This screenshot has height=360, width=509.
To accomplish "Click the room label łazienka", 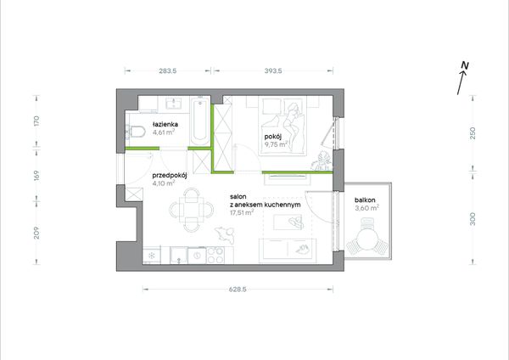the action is pyautogui.click(x=165, y=124).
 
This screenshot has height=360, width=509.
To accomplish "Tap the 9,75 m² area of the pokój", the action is pyautogui.click(x=277, y=144).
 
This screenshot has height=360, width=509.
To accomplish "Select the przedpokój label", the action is pyautogui.click(x=170, y=176).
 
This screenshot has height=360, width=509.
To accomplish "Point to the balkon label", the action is pyautogui.click(x=365, y=200).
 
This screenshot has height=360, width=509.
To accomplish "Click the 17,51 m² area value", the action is pyautogui.click(x=242, y=213).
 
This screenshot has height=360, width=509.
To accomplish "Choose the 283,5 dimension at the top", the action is pyautogui.click(x=168, y=70).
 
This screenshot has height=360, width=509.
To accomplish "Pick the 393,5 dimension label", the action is pyautogui.click(x=273, y=70).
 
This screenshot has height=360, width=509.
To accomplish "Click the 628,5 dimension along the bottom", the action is pyautogui.click(x=238, y=290).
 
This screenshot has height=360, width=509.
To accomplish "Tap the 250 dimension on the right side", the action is pyautogui.click(x=473, y=133).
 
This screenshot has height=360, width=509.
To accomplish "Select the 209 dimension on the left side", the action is pyautogui.click(x=36, y=233).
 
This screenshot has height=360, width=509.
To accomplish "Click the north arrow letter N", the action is pyautogui.click(x=465, y=65).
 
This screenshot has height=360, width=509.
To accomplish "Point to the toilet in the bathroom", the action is pyautogui.click(x=136, y=132).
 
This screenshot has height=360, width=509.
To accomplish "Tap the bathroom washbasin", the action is pyautogui.click(x=173, y=104).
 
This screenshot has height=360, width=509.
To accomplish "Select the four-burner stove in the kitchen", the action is pyautogui.click(x=215, y=255).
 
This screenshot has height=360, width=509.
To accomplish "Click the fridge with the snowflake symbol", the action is pyautogui.click(x=152, y=256).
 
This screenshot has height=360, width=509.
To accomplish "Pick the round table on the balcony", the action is pyautogui.click(x=366, y=239).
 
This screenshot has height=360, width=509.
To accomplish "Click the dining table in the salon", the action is pyautogui.click(x=192, y=211).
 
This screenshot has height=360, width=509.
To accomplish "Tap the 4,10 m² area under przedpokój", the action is pyautogui.click(x=164, y=183).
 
